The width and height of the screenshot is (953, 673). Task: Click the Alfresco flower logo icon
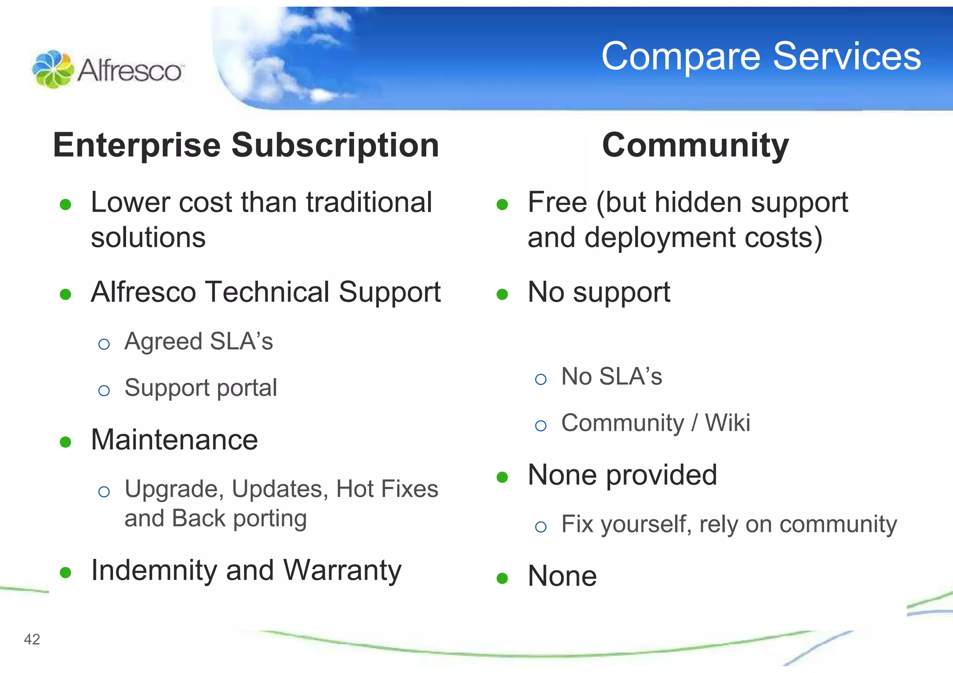[53, 69]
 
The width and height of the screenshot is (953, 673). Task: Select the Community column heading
[695, 145]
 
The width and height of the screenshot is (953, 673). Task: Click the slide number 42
[32, 640]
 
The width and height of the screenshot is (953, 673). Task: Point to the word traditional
[369, 203]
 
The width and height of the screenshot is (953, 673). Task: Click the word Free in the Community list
[557, 203]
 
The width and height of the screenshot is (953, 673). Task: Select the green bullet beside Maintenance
[66, 442]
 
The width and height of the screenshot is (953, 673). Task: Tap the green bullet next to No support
[502, 294]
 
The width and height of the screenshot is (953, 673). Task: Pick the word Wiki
[727, 423]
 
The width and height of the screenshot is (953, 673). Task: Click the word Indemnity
[154, 570]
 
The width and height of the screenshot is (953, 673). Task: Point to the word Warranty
[342, 570]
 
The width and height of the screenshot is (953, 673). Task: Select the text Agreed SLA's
[199, 341]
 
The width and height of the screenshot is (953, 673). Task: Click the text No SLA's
[611, 376]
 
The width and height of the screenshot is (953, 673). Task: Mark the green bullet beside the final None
[502, 578]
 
